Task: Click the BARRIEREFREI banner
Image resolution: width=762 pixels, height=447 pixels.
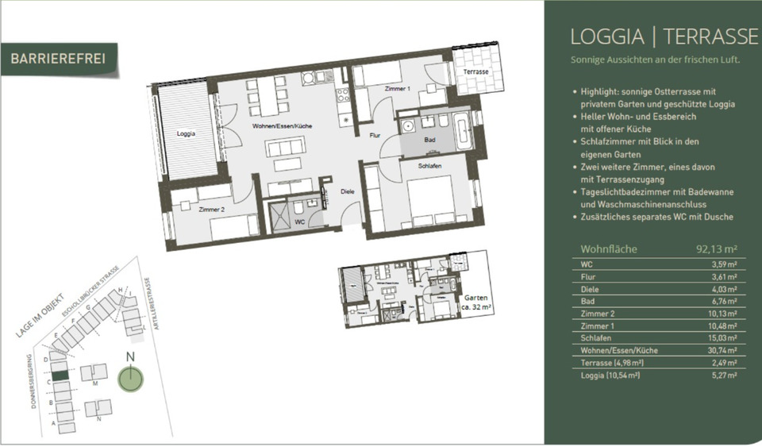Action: [x=59, y=59]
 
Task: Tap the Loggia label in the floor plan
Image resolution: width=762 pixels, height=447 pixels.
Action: [x=186, y=133]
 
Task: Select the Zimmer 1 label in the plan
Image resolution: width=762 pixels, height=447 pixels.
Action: [x=397, y=89]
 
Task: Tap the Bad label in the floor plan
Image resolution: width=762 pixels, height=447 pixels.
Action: [x=429, y=140]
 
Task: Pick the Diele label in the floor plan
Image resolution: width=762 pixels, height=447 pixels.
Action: [x=347, y=191]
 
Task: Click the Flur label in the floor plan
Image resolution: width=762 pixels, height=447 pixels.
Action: [x=375, y=136]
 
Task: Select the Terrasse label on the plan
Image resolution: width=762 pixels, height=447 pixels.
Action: [x=476, y=72]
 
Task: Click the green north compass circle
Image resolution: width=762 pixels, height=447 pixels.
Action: [x=128, y=378]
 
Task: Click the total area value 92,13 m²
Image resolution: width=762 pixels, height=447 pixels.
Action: [x=717, y=249]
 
